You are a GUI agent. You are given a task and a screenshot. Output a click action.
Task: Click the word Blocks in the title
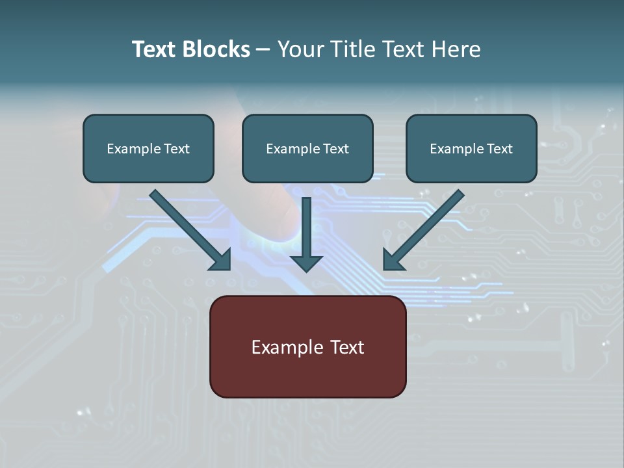pos(217,49)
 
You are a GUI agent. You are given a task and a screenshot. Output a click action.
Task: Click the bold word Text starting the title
pos(155,49)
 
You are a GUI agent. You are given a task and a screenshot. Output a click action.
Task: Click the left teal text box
pos(148,149)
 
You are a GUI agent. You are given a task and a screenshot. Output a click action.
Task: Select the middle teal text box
pos(307,149)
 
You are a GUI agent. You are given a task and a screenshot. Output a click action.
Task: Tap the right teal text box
pos(471,149)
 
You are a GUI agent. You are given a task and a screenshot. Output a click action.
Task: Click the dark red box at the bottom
pos(307,346)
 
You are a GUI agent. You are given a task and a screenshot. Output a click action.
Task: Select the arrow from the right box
pos(426,228)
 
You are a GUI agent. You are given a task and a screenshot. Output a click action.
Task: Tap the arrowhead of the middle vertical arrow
pos(307,263)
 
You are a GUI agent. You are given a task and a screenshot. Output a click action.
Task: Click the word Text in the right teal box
pos(499,149)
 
